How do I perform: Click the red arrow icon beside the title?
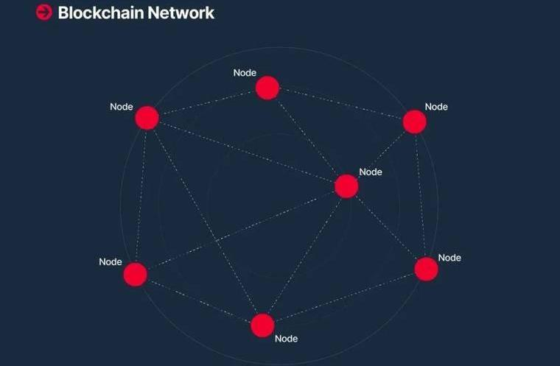44,12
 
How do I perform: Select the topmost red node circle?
267,88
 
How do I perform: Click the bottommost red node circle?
262,325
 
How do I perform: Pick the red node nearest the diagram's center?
346,186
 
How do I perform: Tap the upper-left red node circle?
147,118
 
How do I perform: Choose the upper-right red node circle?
415,122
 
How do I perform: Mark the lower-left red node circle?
135,275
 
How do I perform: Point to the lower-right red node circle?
426,269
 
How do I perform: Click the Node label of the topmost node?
245,73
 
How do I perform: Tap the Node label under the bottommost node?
286,339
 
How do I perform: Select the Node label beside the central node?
371,172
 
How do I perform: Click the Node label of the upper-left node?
122,107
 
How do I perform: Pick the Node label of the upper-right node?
436,107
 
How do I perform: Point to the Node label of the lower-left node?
111,262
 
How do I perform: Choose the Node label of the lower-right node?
449,258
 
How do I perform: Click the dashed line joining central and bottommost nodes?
304,256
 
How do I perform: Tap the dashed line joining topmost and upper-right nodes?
341,105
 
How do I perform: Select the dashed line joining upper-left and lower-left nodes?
141,196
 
